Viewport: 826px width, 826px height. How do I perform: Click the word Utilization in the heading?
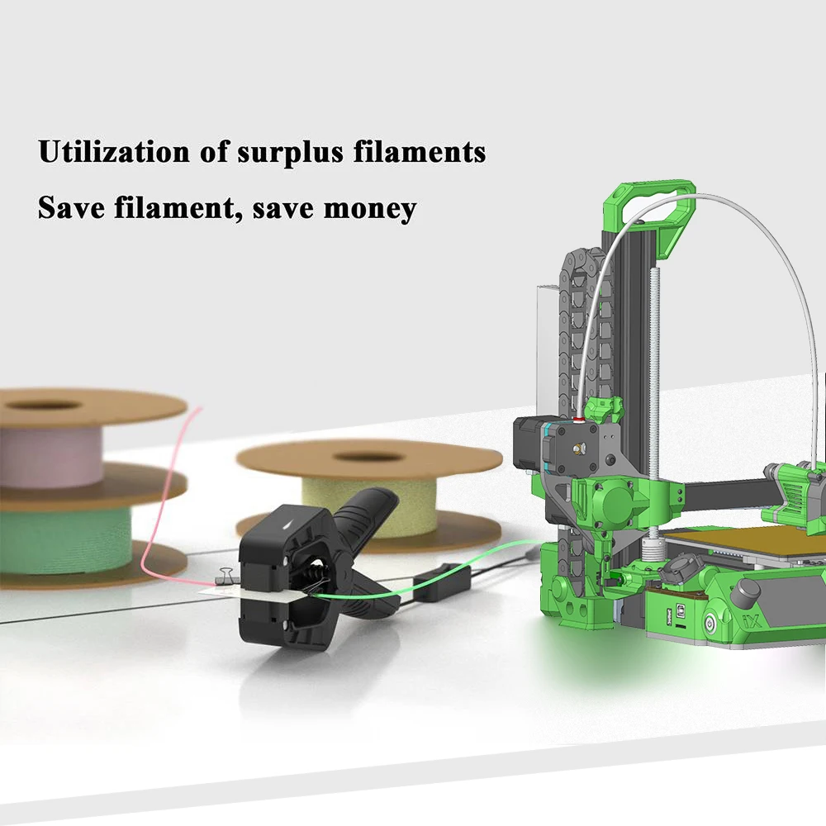[114, 152]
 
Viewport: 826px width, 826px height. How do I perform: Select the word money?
[370, 209]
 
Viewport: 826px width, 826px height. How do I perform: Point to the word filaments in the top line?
[420, 152]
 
